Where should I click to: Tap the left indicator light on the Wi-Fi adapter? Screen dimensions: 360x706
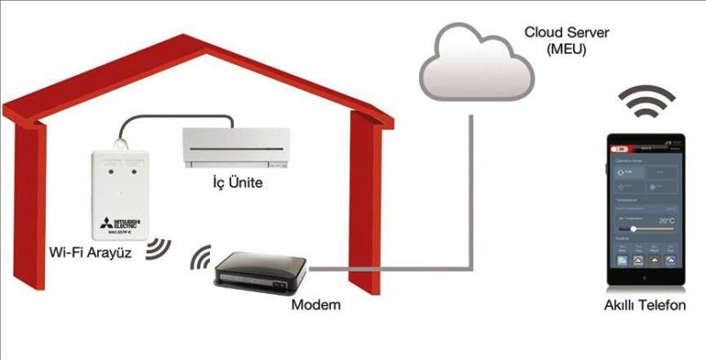[x=108, y=174]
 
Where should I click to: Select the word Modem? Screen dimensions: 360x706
[x=315, y=304]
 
